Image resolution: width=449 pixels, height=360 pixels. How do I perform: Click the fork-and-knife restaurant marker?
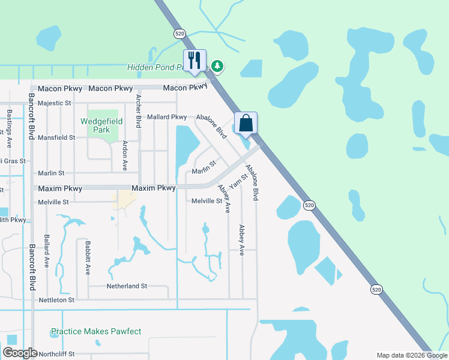[194, 61]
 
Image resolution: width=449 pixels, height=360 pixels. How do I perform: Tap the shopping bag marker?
[246, 124]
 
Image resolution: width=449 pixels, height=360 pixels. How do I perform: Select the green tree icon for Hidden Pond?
[216, 67]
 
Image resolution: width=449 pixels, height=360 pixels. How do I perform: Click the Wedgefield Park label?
[102, 125]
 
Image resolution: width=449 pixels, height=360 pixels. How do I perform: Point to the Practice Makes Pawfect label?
[96, 331]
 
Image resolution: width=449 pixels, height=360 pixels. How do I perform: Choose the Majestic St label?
[54, 103]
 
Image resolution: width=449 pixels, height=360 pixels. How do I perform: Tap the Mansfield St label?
[56, 137]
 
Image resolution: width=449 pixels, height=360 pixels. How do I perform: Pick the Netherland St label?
[127, 286]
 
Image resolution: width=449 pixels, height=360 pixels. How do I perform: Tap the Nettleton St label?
[56, 299]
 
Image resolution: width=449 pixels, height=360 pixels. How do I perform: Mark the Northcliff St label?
[55, 354]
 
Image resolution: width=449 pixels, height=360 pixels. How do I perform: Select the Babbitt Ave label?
[88, 258]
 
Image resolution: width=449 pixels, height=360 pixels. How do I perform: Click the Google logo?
[20, 353]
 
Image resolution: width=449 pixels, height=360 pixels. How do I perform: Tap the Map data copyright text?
[412, 355]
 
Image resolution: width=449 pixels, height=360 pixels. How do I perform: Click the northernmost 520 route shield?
[179, 34]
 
